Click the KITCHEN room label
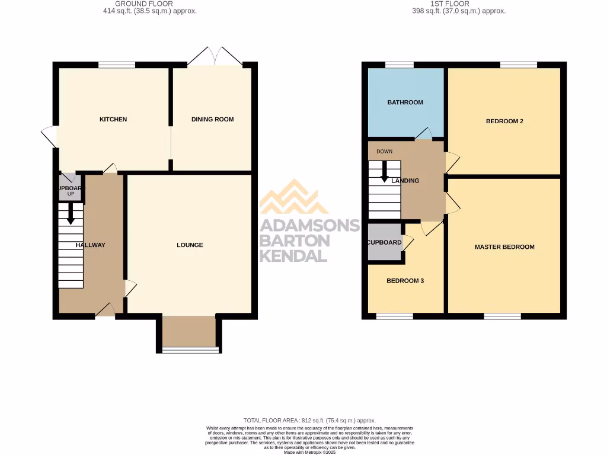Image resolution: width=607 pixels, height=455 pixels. pyautogui.click(x=113, y=120)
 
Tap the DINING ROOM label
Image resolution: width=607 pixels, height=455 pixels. pyautogui.click(x=212, y=120)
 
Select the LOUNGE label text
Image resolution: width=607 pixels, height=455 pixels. pyautogui.click(x=190, y=245)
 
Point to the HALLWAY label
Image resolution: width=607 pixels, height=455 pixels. pyautogui.click(x=90, y=245)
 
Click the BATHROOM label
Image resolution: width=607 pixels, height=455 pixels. pyautogui.click(x=405, y=102)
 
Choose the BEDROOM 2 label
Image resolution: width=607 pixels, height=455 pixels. pyautogui.click(x=504, y=121)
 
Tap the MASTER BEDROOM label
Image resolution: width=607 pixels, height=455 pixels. pyautogui.click(x=504, y=247)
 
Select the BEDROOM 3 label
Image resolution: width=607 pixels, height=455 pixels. pyautogui.click(x=405, y=281)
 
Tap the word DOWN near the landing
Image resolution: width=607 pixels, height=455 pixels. pyautogui.click(x=384, y=152)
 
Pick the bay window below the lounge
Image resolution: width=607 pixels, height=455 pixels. pyautogui.click(x=190, y=350)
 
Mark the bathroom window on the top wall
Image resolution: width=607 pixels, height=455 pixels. pyautogui.click(x=399, y=65)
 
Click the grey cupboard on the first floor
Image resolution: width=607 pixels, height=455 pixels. pyautogui.click(x=384, y=242)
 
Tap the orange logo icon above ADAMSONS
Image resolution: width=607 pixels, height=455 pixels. pyautogui.click(x=294, y=197)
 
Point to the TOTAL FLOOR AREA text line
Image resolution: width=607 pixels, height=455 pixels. pyautogui.click(x=309, y=421)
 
